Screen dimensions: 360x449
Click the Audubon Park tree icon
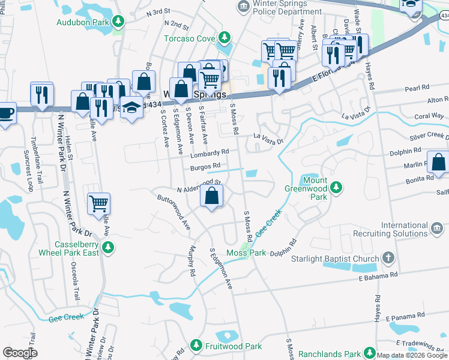(119, 22)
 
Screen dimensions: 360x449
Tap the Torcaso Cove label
(190, 39)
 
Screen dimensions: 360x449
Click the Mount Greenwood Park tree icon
(336, 188)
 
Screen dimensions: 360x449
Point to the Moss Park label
(246, 253)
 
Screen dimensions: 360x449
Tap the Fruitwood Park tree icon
(196, 346)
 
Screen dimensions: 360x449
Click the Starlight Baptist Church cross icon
(388, 259)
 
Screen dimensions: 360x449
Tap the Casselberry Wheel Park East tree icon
(108, 247)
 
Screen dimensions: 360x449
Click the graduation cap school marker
(131, 107)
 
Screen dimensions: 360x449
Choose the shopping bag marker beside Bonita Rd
(438, 163)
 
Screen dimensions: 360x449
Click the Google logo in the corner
(20, 353)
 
